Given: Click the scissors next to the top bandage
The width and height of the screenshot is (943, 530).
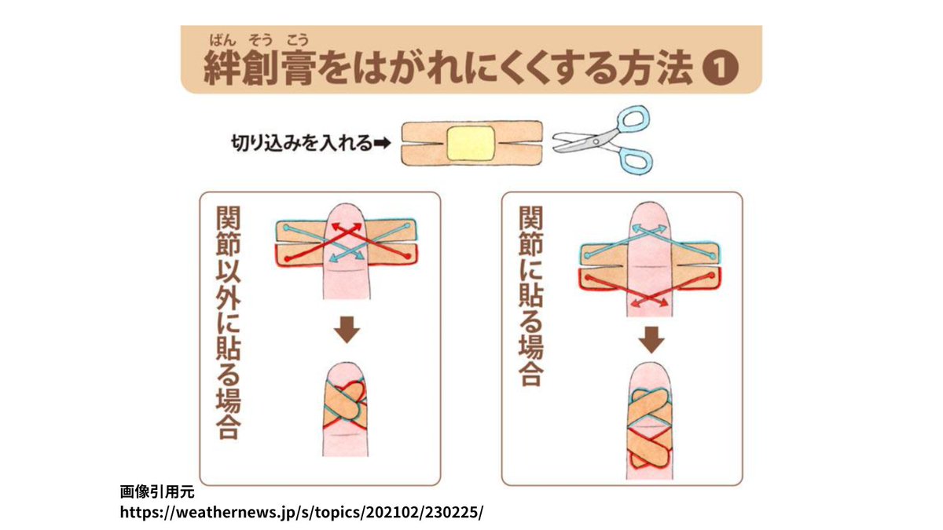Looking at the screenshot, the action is tap(601, 141).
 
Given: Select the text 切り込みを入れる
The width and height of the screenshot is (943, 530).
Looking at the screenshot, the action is tap(299, 144).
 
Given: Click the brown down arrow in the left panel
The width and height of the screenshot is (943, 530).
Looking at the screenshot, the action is tap(346, 330).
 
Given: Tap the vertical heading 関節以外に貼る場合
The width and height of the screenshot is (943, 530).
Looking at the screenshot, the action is tap(229, 323).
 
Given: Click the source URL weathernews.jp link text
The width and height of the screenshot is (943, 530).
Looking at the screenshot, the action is tap(302, 512).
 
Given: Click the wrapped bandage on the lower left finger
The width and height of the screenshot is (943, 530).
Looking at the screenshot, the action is tap(346, 404).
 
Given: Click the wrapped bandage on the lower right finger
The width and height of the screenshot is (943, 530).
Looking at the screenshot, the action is tap(650, 428).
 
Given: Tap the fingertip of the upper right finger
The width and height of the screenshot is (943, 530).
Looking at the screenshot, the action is tap(650, 216).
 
